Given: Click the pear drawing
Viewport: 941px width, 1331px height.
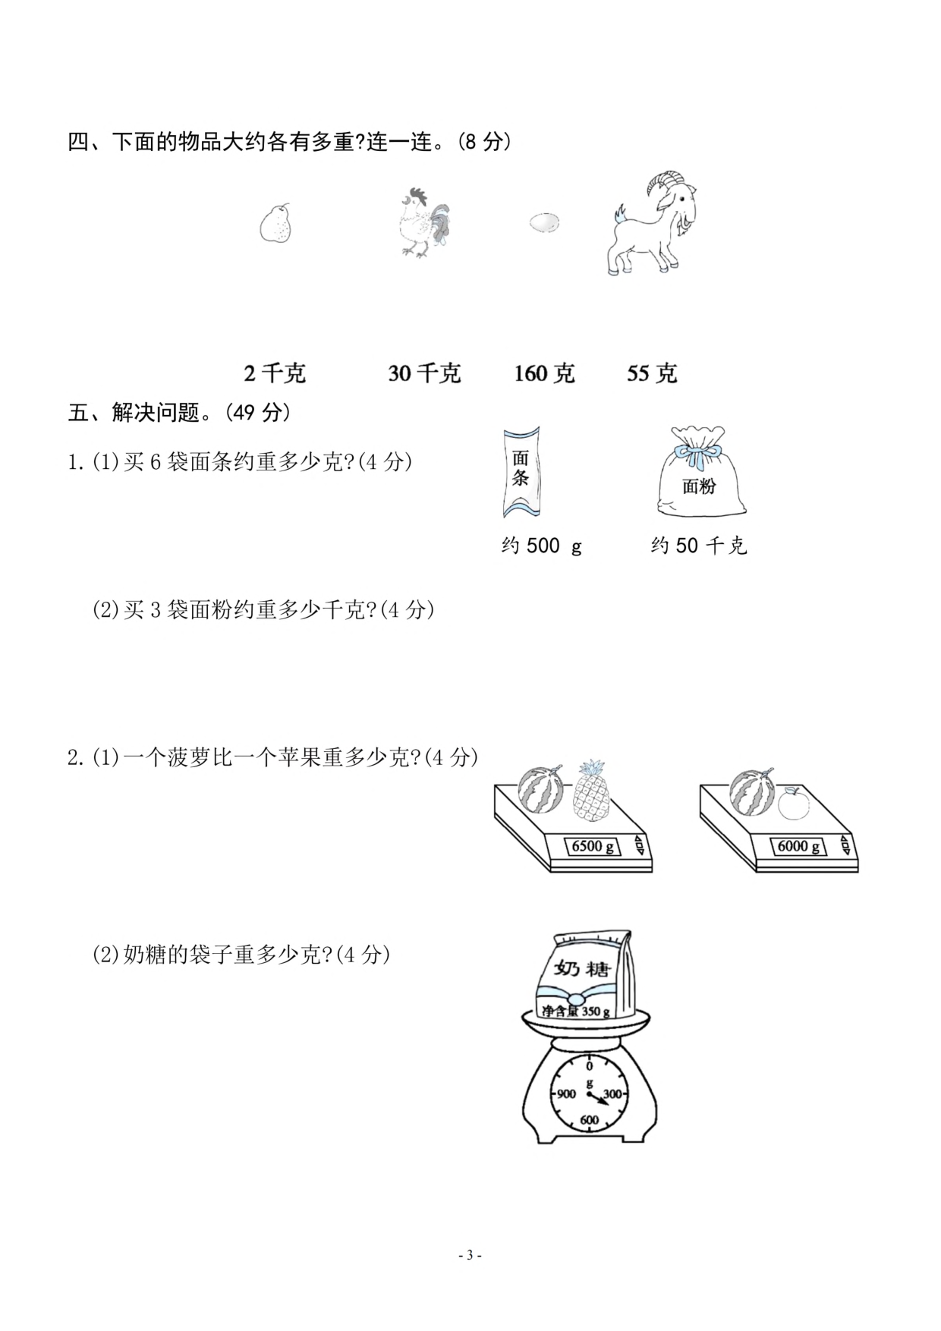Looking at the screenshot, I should tap(275, 222).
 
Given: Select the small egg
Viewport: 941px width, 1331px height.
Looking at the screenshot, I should tap(544, 222).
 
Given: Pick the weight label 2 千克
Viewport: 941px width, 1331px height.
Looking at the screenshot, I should tap(275, 373).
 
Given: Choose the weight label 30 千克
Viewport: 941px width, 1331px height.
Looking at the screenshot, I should tap(424, 373).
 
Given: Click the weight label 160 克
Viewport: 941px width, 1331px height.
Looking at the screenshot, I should tap(544, 373).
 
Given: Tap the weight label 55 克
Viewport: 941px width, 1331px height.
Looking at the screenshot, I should tap(652, 373).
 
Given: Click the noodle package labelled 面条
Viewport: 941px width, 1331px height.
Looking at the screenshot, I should tap(521, 472).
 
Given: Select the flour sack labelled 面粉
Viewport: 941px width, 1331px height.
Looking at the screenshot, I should tap(699, 474).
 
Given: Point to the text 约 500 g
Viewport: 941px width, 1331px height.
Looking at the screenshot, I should tap(541, 546).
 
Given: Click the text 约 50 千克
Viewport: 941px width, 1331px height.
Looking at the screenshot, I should tap(699, 546).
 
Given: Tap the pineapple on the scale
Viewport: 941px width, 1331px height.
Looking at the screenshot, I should tap(590, 792).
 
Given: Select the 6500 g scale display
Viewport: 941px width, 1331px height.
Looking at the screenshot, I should tap(593, 846).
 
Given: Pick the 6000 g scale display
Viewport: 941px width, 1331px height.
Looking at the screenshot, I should tap(798, 846).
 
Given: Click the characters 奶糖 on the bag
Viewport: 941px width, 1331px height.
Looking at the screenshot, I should tap(582, 969).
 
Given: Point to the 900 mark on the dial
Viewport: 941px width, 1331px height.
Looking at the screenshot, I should tap(566, 1093).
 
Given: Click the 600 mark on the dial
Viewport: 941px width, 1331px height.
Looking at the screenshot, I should tap(589, 1119).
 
